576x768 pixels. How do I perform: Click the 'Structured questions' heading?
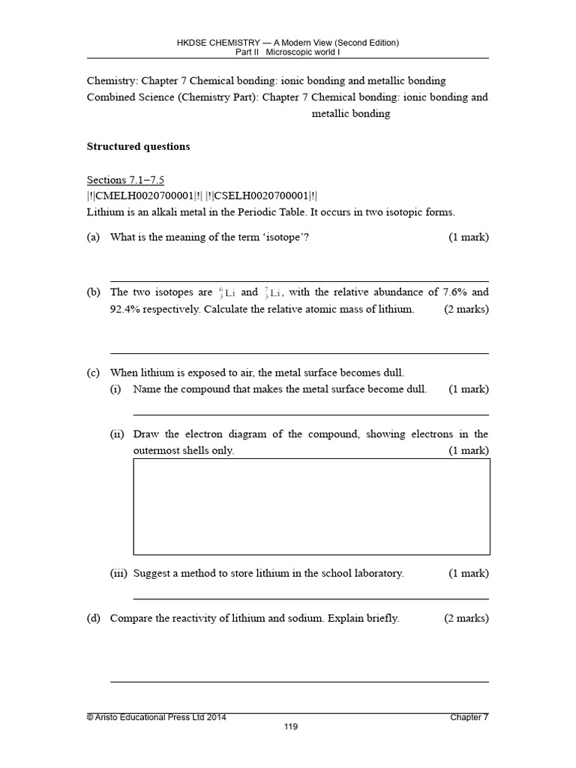pos(139,146)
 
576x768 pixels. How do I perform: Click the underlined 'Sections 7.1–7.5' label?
pos(125,179)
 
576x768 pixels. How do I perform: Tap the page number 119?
pos(288,727)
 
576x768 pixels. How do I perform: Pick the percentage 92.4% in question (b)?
pos(127,309)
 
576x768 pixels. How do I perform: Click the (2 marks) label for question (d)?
pos(466,619)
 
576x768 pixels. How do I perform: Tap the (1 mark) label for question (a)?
pos(469,238)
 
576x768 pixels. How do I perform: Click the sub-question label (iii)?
pos(118,573)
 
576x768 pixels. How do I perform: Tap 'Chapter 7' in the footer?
pos(469,717)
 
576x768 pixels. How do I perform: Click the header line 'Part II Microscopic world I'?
pos(288,52)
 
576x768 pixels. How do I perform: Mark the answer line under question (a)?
pos(299,280)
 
